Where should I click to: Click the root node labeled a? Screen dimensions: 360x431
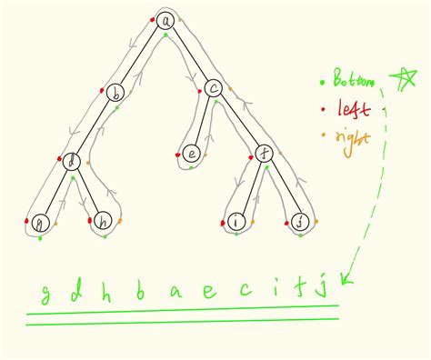coord(164,20)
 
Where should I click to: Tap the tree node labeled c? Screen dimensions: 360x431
coord(214,89)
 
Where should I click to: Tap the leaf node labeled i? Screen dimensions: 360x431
coord(236,221)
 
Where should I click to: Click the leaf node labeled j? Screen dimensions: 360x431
coord(301,221)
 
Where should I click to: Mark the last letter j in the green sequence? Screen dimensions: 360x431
coord(320,292)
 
